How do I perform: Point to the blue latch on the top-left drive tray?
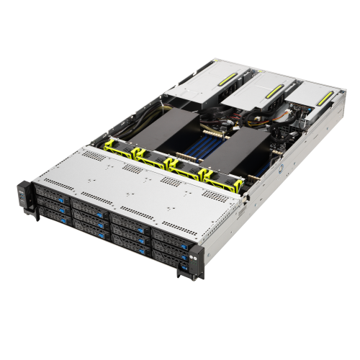pos(63,197)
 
